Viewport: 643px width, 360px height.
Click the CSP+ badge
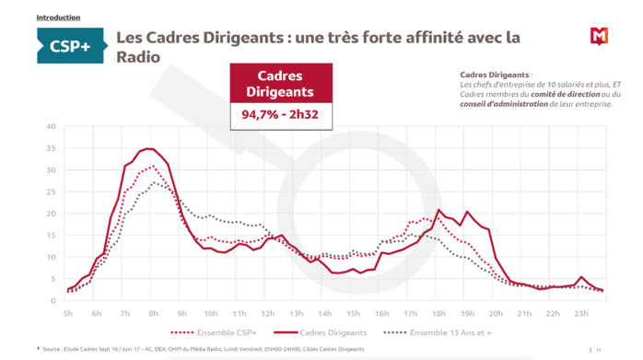(x=70, y=45)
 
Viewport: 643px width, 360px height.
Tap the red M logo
(x=599, y=36)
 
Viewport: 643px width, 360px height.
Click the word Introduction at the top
(x=58, y=17)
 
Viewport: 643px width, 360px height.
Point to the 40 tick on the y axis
(x=52, y=126)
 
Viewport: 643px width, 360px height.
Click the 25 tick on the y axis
(x=52, y=192)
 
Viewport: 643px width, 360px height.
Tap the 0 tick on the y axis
(x=53, y=301)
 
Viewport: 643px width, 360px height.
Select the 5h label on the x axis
(x=68, y=313)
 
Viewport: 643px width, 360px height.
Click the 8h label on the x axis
(x=154, y=313)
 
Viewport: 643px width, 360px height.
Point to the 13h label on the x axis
(x=297, y=313)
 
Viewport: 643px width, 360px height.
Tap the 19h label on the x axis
(x=467, y=313)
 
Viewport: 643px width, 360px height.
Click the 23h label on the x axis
(x=581, y=313)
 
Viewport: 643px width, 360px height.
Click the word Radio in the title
(x=138, y=57)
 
